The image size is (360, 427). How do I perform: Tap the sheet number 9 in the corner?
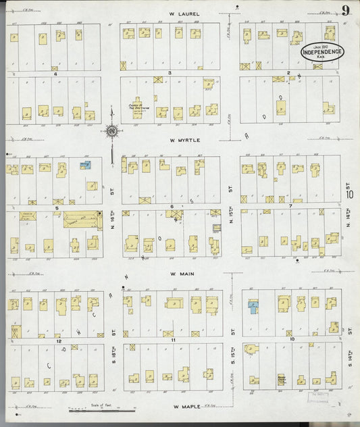point(344,9)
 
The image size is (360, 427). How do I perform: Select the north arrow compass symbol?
point(111,130)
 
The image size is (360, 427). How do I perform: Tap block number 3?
point(170,72)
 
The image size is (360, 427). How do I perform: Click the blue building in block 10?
point(253,308)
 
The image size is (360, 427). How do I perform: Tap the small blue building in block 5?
point(85,165)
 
